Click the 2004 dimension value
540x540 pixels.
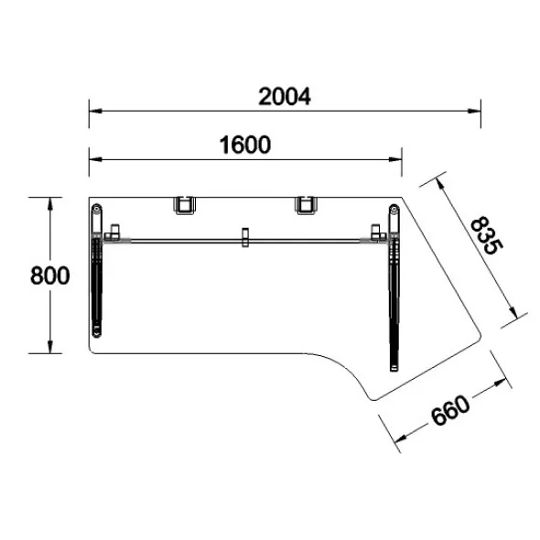coord(285,97)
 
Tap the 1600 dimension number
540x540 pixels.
coord(245,145)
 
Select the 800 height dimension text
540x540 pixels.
coord(50,275)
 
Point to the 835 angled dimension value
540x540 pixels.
coord(487,235)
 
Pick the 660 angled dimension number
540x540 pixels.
coord(450,411)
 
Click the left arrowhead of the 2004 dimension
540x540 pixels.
coord(95,111)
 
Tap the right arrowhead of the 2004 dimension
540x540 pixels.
coord(475,111)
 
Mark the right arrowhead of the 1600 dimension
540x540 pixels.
coord(395,159)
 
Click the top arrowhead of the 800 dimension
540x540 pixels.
coord(50,204)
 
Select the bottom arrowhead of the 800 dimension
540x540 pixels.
coord(50,347)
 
